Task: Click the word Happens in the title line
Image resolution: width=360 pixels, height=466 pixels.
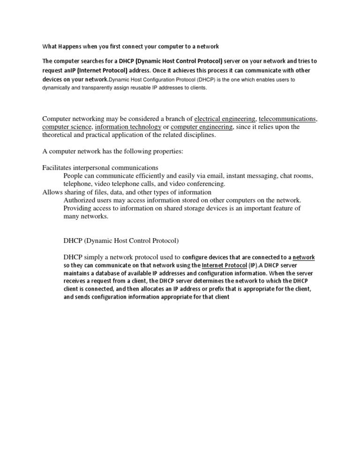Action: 70,46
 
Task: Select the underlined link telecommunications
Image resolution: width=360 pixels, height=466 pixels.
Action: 288,119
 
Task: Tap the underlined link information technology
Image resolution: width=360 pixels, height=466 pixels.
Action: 128,127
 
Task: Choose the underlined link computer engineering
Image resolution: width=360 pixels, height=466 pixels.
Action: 202,127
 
